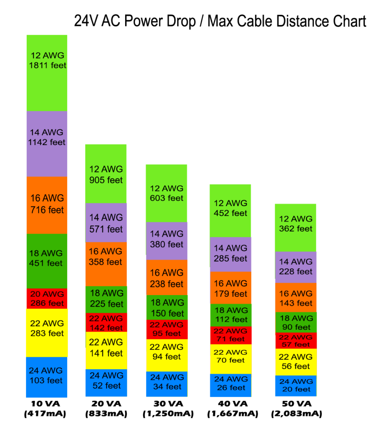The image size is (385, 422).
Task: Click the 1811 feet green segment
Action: click(x=47, y=73)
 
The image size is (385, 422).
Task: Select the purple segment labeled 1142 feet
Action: click(x=47, y=143)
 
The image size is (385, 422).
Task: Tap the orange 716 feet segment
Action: click(x=47, y=205)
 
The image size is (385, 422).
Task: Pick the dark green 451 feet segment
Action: click(x=47, y=260)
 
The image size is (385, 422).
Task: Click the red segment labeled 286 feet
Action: click(x=47, y=298)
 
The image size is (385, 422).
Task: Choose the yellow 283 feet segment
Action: click(x=47, y=332)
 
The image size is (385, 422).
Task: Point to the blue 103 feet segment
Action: click(x=47, y=377)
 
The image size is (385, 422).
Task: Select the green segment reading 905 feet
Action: click(x=106, y=173)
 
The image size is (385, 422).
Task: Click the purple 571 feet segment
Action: click(x=106, y=223)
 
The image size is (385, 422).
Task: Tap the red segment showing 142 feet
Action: click(x=106, y=322)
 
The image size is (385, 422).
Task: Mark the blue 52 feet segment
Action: click(x=106, y=382)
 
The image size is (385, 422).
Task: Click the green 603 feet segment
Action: click(x=166, y=193)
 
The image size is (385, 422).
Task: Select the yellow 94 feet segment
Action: click(x=167, y=355)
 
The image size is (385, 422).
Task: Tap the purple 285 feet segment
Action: click(x=230, y=254)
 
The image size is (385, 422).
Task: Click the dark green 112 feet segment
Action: click(x=231, y=315)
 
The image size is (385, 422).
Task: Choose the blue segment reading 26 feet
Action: click(x=231, y=385)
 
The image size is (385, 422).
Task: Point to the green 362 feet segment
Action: click(x=295, y=227)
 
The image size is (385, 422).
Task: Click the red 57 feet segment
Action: click(x=296, y=340)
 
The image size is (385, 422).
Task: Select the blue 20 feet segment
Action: click(x=296, y=386)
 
